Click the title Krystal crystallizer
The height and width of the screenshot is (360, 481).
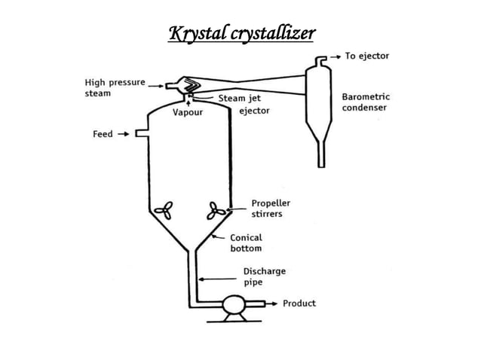tap(240, 34)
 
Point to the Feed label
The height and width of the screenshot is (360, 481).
tap(102, 134)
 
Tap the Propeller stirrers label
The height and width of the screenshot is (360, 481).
tap(271, 209)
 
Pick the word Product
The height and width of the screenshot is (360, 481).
tap(299, 304)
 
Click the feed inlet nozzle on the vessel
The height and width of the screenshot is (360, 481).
tap(140, 134)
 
